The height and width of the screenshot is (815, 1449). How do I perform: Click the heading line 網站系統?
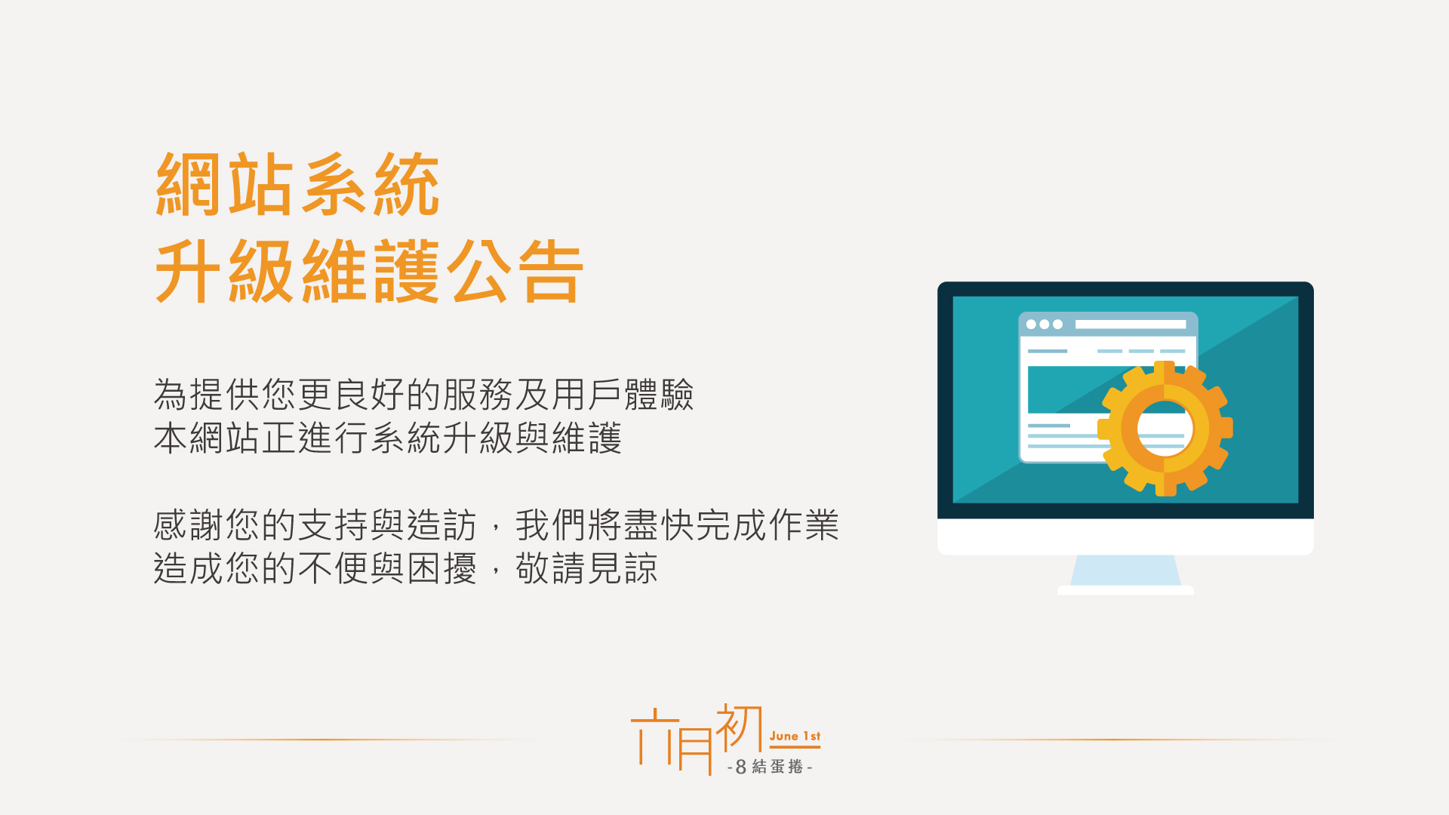(297, 184)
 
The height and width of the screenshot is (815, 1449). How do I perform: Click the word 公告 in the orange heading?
(515, 271)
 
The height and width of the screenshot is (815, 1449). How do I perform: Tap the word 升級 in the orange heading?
(224, 271)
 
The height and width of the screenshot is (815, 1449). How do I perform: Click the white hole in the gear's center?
(1164, 428)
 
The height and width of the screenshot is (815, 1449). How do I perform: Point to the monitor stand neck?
(1125, 570)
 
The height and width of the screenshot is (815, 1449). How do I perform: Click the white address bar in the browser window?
(1131, 324)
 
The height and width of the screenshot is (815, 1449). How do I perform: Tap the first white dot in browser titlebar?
(1031, 324)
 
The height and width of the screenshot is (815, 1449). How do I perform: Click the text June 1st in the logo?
(795, 736)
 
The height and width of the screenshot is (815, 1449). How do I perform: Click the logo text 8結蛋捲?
(770, 767)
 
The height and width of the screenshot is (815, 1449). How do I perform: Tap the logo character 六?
(651, 736)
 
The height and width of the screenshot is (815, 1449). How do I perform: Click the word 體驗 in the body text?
(659, 394)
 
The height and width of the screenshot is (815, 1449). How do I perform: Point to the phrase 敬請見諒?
(586, 568)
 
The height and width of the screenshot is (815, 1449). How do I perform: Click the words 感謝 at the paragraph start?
(189, 524)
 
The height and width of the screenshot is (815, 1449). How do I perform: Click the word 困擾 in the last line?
(442, 568)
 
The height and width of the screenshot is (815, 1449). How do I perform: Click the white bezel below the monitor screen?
(1125, 537)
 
